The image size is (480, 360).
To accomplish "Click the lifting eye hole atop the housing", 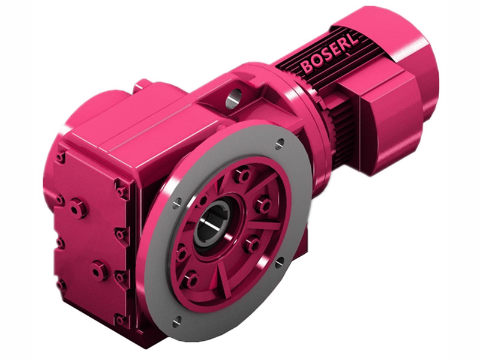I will coord(233,97).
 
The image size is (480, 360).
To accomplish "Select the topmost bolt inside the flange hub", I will coord(242,175).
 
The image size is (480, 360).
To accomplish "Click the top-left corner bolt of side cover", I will coord(61,157).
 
